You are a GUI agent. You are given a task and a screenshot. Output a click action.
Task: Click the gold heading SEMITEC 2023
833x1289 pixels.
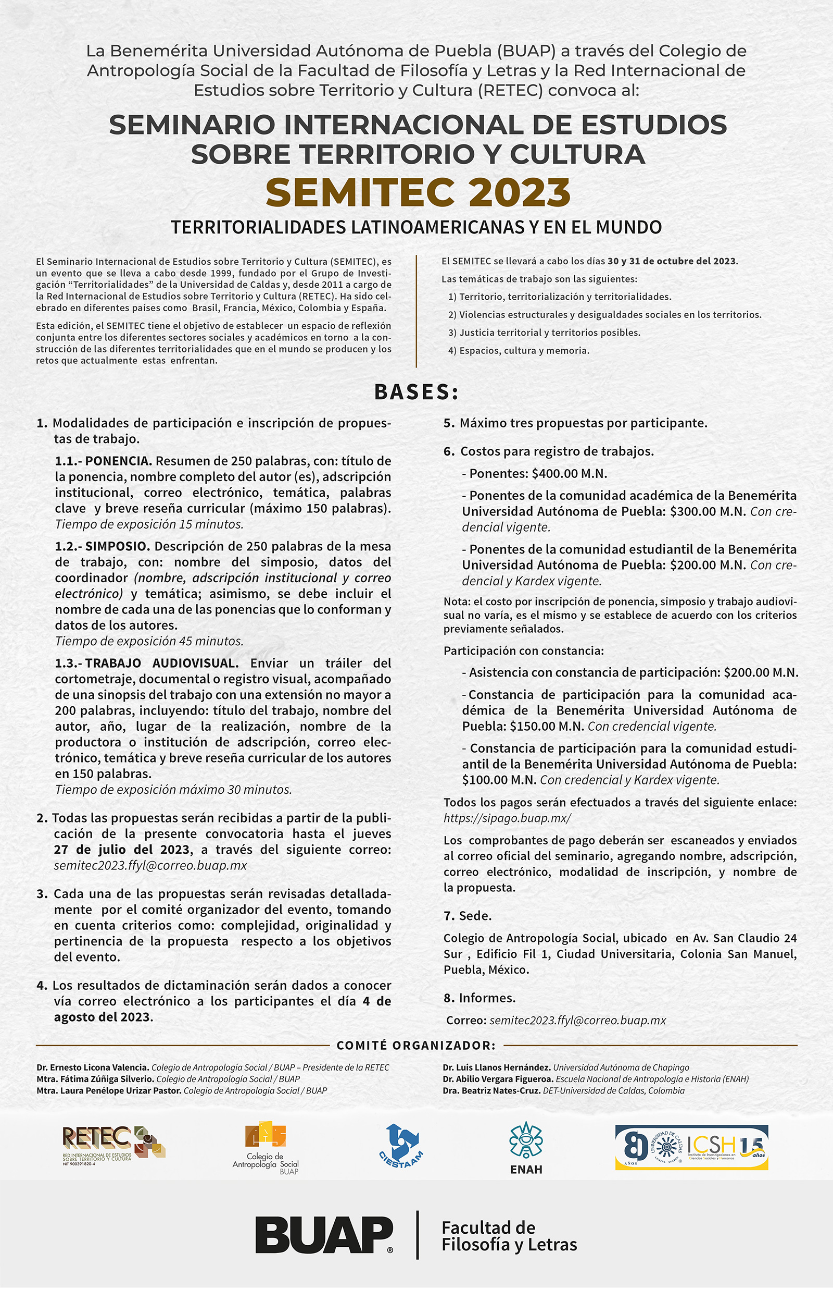coord(418,193)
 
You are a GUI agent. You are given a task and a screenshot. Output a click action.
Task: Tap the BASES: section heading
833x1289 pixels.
coord(416,392)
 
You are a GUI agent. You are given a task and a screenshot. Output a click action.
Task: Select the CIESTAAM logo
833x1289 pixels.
coord(401,1146)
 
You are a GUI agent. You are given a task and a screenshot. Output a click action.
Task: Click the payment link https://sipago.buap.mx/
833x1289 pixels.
coord(507,818)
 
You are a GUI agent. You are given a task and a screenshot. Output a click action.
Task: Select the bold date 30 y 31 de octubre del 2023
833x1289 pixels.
coord(672,261)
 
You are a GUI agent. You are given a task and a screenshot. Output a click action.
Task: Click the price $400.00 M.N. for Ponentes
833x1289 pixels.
coord(569,474)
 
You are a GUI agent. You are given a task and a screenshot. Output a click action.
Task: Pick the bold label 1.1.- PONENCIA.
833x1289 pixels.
coord(103,461)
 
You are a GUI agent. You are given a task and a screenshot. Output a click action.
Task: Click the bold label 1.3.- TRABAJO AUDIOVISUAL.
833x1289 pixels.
coord(147,663)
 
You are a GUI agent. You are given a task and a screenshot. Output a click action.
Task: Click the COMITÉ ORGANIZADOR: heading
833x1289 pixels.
coord(416,1046)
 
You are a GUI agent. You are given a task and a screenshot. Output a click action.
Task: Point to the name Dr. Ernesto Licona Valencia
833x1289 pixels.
coord(93,1067)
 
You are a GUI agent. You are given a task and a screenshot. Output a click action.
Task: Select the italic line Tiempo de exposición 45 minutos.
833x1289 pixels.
coord(149,641)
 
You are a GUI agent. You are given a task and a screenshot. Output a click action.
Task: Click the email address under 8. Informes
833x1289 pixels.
coord(577,1021)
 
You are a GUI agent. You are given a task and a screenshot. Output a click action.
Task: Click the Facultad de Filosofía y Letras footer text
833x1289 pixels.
coord(509,1236)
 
